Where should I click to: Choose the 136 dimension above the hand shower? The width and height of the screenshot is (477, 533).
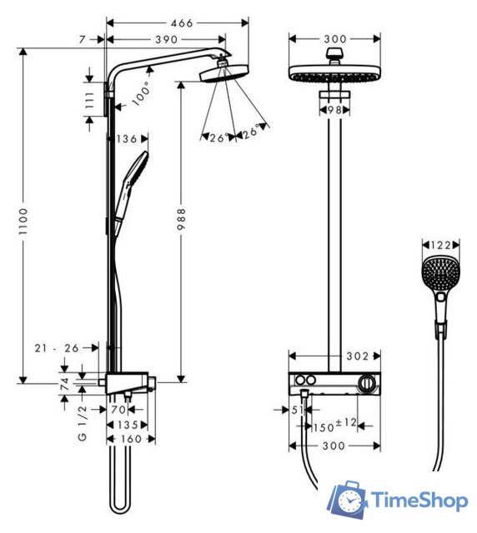click(x=128, y=139)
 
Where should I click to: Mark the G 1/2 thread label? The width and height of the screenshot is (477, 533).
click(x=83, y=426)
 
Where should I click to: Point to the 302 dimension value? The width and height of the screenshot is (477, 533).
click(x=358, y=356)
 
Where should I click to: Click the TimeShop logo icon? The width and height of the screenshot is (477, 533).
click(x=349, y=500)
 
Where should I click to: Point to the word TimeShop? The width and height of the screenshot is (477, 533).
click(x=419, y=501)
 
